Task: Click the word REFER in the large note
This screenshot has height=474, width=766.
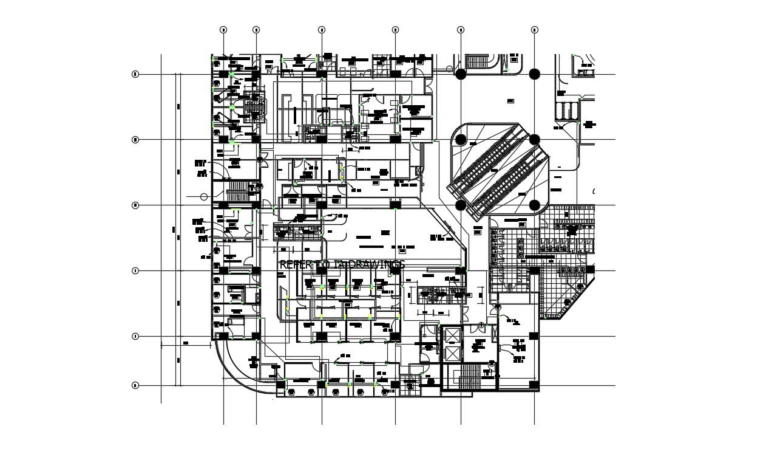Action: (x=294, y=264)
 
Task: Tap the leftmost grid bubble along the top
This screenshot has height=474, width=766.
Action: (x=223, y=29)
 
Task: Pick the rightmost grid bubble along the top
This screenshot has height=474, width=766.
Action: (x=535, y=29)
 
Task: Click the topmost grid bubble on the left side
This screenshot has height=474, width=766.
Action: (x=135, y=74)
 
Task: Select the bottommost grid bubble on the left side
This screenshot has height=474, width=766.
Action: (x=135, y=385)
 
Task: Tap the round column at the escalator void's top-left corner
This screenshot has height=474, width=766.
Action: (x=461, y=140)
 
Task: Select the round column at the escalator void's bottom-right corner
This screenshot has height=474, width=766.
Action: (x=535, y=205)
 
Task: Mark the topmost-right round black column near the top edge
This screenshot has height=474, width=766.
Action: (x=535, y=74)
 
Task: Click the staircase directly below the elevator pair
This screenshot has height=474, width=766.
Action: (x=469, y=378)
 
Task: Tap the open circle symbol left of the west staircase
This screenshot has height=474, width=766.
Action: (x=204, y=197)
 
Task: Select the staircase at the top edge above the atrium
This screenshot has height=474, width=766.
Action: (x=478, y=61)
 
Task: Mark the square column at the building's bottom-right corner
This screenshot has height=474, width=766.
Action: (x=534, y=385)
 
